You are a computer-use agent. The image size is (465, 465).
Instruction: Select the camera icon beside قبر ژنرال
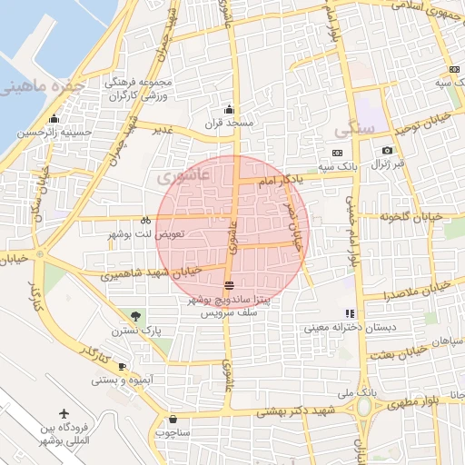click(387, 150)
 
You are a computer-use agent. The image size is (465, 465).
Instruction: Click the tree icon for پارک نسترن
click(135, 316)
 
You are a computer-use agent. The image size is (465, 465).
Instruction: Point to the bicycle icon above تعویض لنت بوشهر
click(145, 221)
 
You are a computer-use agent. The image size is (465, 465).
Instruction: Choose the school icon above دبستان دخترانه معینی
click(350, 313)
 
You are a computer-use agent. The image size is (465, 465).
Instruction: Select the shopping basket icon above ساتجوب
click(173, 420)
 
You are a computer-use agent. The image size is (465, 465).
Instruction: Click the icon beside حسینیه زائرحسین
click(54, 119)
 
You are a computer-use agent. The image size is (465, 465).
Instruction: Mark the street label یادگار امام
click(279, 182)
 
